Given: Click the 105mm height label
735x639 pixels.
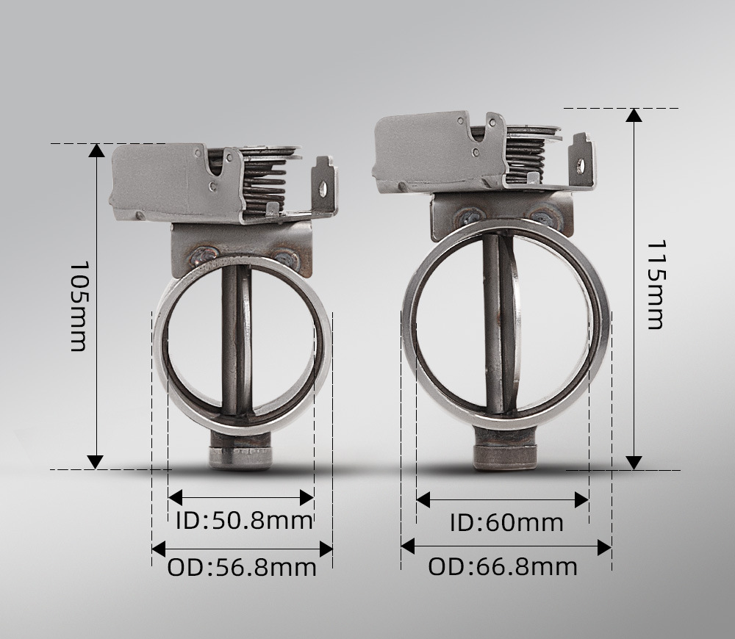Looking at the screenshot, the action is (79, 306).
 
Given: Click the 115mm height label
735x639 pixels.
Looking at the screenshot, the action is (656, 285).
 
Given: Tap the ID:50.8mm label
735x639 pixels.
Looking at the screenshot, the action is (244, 521).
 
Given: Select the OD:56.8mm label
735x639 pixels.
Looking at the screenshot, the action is (242, 567).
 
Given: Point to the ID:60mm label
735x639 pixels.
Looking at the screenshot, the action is (506, 523).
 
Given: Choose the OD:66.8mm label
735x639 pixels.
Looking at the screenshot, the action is (503, 566).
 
